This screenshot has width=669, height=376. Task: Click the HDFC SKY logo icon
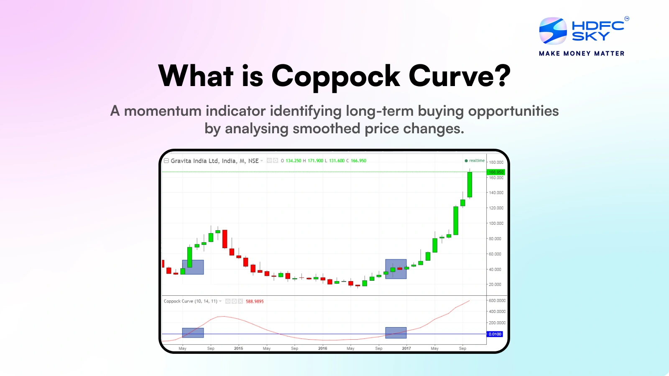[553, 31]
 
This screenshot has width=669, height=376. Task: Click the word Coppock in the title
[336, 76]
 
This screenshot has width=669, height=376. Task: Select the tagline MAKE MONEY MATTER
[582, 53]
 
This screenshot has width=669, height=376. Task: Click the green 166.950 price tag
[496, 172]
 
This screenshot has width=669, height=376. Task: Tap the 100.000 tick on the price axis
[496, 224]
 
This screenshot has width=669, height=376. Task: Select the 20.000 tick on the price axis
[495, 285]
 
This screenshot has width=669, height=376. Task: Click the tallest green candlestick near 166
[470, 185]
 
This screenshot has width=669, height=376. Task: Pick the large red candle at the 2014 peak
[225, 239]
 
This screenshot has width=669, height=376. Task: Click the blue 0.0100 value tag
[495, 334]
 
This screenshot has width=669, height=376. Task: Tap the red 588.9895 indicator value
[255, 301]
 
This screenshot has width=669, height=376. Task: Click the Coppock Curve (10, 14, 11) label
[190, 301]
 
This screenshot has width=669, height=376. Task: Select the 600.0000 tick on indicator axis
[497, 301]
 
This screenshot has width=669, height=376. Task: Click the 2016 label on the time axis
[322, 348]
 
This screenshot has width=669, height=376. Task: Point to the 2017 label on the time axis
[406, 348]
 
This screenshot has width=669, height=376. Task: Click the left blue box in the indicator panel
[193, 333]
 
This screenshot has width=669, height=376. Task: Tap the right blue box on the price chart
[396, 269]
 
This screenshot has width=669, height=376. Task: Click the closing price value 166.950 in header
[358, 161]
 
